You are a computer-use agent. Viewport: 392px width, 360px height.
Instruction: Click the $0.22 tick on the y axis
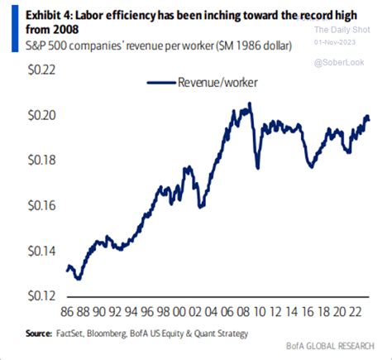coord(29,70)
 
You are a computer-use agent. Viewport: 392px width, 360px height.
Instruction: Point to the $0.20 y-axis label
coord(29,115)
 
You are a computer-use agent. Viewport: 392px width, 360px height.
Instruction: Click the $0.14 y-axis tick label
coord(29,250)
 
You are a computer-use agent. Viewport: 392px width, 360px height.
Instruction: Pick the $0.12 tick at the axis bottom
coord(29,295)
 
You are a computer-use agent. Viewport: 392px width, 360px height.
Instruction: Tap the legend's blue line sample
coord(162,82)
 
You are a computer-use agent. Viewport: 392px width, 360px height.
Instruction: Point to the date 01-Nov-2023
coord(342,40)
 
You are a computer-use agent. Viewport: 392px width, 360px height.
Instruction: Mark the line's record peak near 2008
coord(249,103)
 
